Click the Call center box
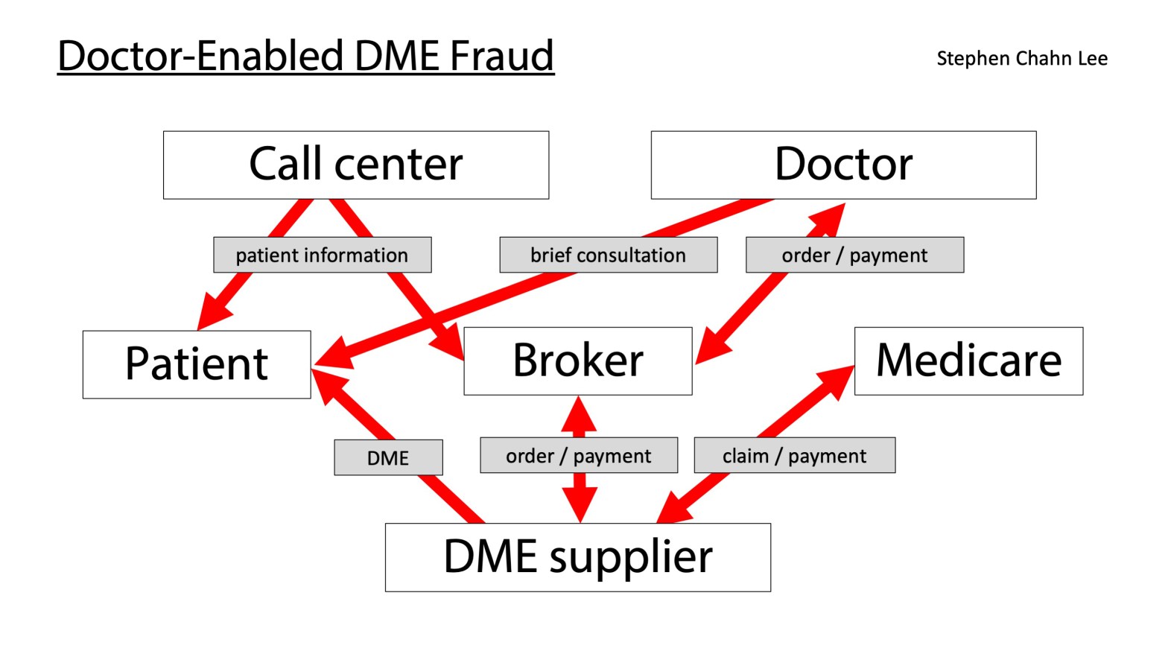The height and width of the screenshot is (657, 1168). [x=356, y=165]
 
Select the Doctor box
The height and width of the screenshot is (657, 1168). [x=843, y=165]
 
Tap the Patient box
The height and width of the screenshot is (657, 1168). [x=197, y=364]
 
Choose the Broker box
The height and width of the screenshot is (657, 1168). [x=577, y=361]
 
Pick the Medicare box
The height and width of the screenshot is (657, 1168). [x=968, y=361]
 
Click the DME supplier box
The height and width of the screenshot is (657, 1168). [x=577, y=557]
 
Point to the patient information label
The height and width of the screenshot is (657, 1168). [x=322, y=255]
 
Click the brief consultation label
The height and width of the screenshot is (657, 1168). [x=608, y=255]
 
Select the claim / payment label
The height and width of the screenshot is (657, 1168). [x=794, y=455]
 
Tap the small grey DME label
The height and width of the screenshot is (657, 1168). [x=388, y=457]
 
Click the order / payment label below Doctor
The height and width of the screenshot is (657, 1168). [x=854, y=255]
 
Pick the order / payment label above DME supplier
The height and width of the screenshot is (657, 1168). [x=579, y=455]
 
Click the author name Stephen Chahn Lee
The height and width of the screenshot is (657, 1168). [x=1021, y=58]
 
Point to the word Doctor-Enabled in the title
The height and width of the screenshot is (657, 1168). [x=201, y=56]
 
